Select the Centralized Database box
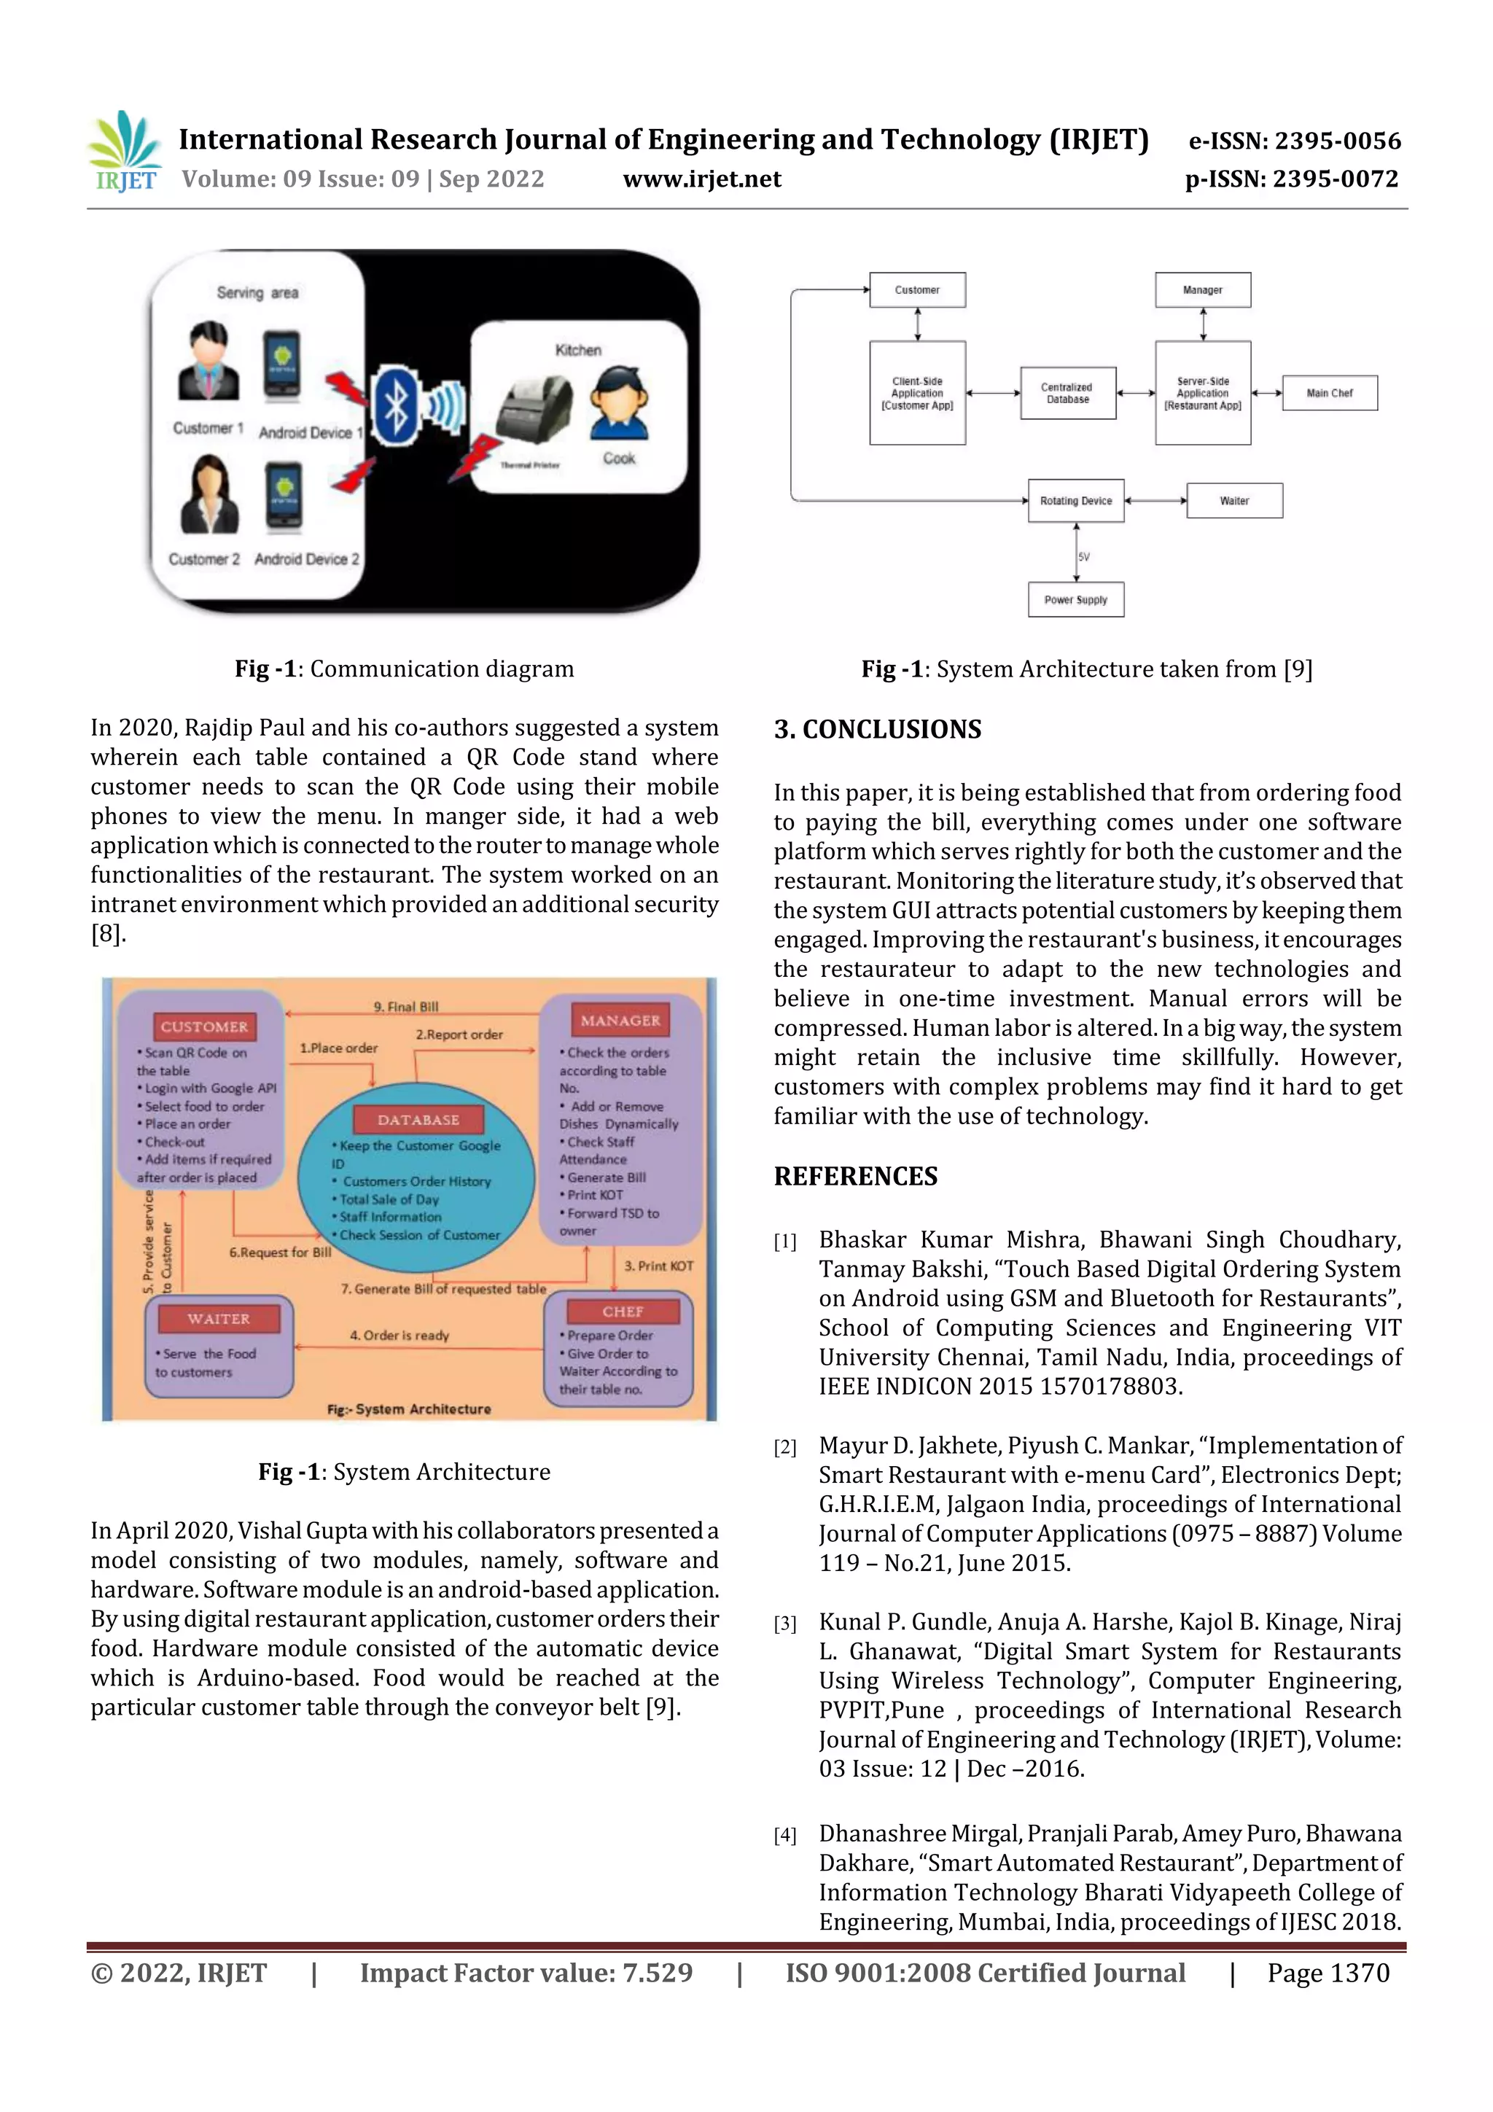pos(1067,394)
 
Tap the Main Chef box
pos(1329,393)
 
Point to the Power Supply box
pos(1075,600)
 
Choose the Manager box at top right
pos(1202,289)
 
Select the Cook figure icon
pos(619,405)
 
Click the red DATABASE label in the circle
pos(418,1120)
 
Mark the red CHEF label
pos(623,1311)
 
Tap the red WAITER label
pos(218,1318)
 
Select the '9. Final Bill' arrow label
pos(405,1006)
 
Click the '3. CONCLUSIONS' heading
pos(878,730)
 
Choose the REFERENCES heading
pos(856,1177)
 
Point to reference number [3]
pos(784,1624)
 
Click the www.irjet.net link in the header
pos(702,179)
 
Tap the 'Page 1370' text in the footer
pos(1328,1973)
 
